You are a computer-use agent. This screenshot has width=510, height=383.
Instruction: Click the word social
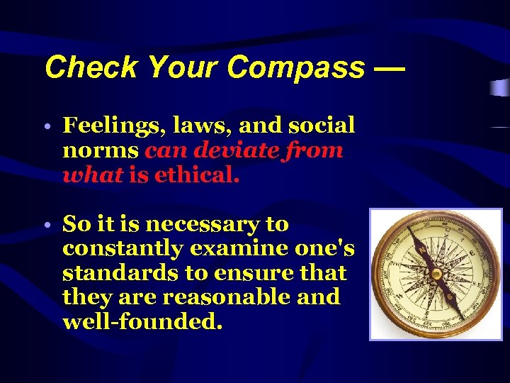point(322,126)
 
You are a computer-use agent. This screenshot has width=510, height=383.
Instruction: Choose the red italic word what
point(93,175)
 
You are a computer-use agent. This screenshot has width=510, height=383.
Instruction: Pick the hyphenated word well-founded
point(142,322)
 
